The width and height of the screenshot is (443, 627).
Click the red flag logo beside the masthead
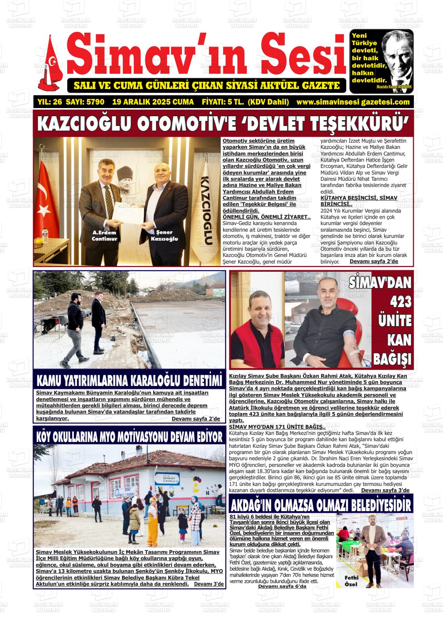pos(49,64)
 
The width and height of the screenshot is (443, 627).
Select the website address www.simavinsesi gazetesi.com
pos(353,102)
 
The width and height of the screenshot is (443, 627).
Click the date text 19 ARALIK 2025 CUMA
pos(153,102)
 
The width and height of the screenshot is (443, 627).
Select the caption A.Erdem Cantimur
pos(104,236)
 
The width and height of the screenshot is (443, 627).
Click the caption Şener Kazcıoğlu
pos(164,236)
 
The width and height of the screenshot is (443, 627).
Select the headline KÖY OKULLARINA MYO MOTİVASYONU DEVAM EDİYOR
pos(129,436)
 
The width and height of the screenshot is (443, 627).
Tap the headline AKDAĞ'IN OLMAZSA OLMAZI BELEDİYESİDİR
pos(321,505)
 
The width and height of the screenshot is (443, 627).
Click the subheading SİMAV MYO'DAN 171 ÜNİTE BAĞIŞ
pos(274,427)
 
